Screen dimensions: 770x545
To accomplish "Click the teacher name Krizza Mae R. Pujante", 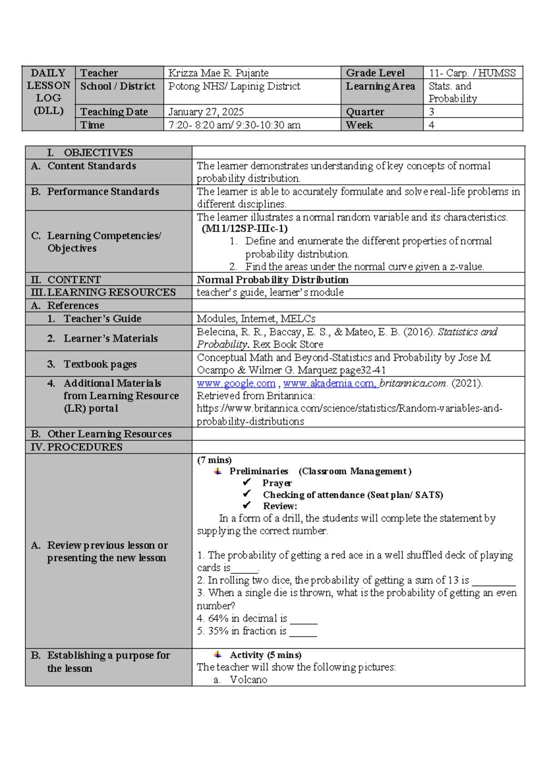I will point(218,73).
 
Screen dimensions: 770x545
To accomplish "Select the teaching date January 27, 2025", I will point(206,112).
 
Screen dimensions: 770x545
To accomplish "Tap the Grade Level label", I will point(375,73).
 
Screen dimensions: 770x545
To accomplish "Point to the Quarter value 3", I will point(431,112).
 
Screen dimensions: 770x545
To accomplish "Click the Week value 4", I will point(431,125).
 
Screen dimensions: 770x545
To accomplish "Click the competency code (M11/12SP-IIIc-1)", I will point(244,228).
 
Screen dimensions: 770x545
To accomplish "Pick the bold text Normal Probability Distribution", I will point(272,280).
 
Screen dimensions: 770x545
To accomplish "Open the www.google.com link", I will point(236,383).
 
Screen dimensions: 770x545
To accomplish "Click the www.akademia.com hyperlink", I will point(329,383).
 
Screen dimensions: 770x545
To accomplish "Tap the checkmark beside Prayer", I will point(247,482).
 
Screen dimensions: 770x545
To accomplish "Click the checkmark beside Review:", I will point(247,505).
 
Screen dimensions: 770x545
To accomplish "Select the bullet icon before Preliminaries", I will point(218,471).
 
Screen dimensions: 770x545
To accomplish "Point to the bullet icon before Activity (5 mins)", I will point(218,655).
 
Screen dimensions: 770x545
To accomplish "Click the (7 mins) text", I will point(214,460).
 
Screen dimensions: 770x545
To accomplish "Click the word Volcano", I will point(248,680).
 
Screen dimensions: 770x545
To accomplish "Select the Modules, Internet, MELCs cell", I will point(256,319).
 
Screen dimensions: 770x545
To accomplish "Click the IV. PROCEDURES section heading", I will point(76,447).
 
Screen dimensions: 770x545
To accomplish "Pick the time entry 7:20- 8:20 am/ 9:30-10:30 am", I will point(234,125).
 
